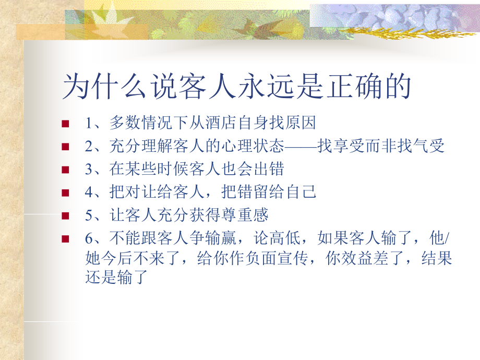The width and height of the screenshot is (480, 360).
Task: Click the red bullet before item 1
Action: pyautogui.click(x=65, y=124)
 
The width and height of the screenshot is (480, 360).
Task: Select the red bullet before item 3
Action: pyautogui.click(x=65, y=170)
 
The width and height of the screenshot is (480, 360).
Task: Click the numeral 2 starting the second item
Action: pyautogui.click(x=88, y=147)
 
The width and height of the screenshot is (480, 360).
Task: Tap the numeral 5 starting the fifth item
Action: pyautogui.click(x=88, y=215)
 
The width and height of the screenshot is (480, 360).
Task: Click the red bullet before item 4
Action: pyautogui.click(x=65, y=193)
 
